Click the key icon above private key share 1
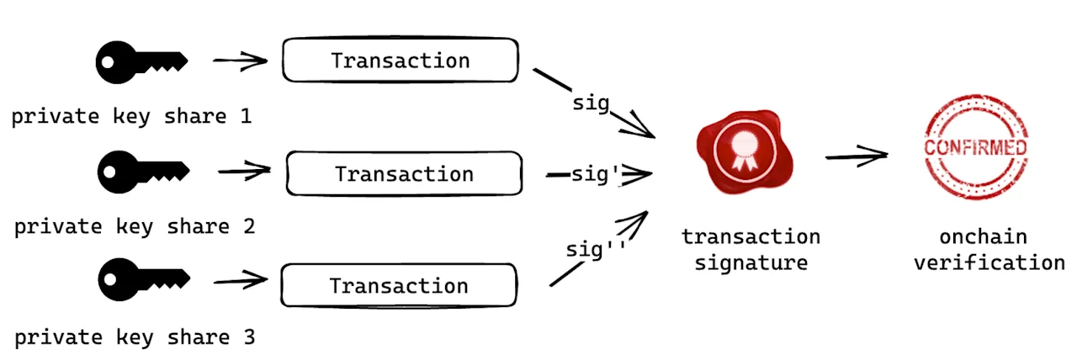(141, 62)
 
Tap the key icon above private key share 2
(143, 172)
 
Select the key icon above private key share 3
(144, 279)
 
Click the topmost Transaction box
(401, 60)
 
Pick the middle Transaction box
(405, 173)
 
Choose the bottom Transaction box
(399, 285)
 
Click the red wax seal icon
(745, 152)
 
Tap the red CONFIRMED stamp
(975, 147)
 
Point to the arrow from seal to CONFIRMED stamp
(857, 156)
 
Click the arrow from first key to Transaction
(241, 61)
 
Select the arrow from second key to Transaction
(244, 171)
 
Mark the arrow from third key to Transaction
(241, 280)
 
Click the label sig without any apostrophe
(591, 103)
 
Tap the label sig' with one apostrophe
(595, 175)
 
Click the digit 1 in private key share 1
(247, 116)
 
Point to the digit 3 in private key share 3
(249, 337)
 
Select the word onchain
(984, 237)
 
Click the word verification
(989, 263)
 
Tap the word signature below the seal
(751, 263)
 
